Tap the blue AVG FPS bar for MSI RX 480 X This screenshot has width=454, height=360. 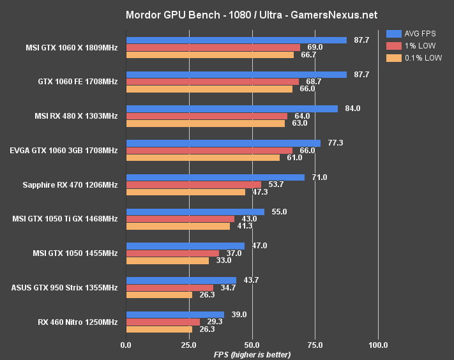[232, 109]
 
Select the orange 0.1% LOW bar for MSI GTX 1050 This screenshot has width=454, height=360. [167, 260]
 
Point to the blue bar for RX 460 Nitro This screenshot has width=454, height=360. [175, 314]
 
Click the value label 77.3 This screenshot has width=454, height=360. [335, 143]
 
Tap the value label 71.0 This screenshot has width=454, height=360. [319, 177]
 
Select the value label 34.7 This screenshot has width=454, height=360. [228, 287]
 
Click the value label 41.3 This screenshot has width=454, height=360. [245, 226]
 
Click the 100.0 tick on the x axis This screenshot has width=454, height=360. [378, 345]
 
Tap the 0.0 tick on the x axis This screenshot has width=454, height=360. [126, 345]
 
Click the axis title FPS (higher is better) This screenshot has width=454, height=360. [252, 354]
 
